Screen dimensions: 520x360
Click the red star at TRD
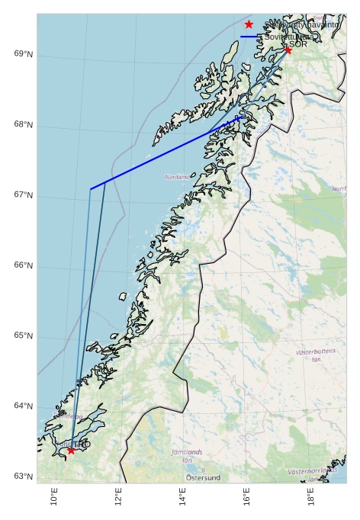tap(71, 450)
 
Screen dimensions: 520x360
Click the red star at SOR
tap(288, 50)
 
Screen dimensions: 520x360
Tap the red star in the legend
tap(249, 24)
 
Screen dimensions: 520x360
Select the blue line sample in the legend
tap(249, 37)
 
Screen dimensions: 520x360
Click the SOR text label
tap(298, 44)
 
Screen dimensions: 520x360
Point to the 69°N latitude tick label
tap(23, 54)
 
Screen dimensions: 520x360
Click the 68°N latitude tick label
tap(23, 125)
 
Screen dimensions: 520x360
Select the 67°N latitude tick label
tap(23, 195)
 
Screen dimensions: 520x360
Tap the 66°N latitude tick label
tap(23, 265)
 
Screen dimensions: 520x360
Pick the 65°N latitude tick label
tap(23, 335)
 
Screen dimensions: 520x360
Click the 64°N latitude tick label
tap(23, 406)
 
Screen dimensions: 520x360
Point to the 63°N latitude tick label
tap(23, 477)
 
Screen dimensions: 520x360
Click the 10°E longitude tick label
tap(54, 496)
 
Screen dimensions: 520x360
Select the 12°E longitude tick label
tap(119, 496)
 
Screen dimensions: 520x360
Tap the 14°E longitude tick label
tap(183, 496)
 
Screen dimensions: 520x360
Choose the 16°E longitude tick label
tap(248, 496)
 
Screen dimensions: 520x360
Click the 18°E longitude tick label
tap(312, 496)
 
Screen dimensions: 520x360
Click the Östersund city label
tap(203, 478)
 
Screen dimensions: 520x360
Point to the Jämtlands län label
tap(187, 456)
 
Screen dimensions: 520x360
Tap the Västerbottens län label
tap(315, 355)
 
